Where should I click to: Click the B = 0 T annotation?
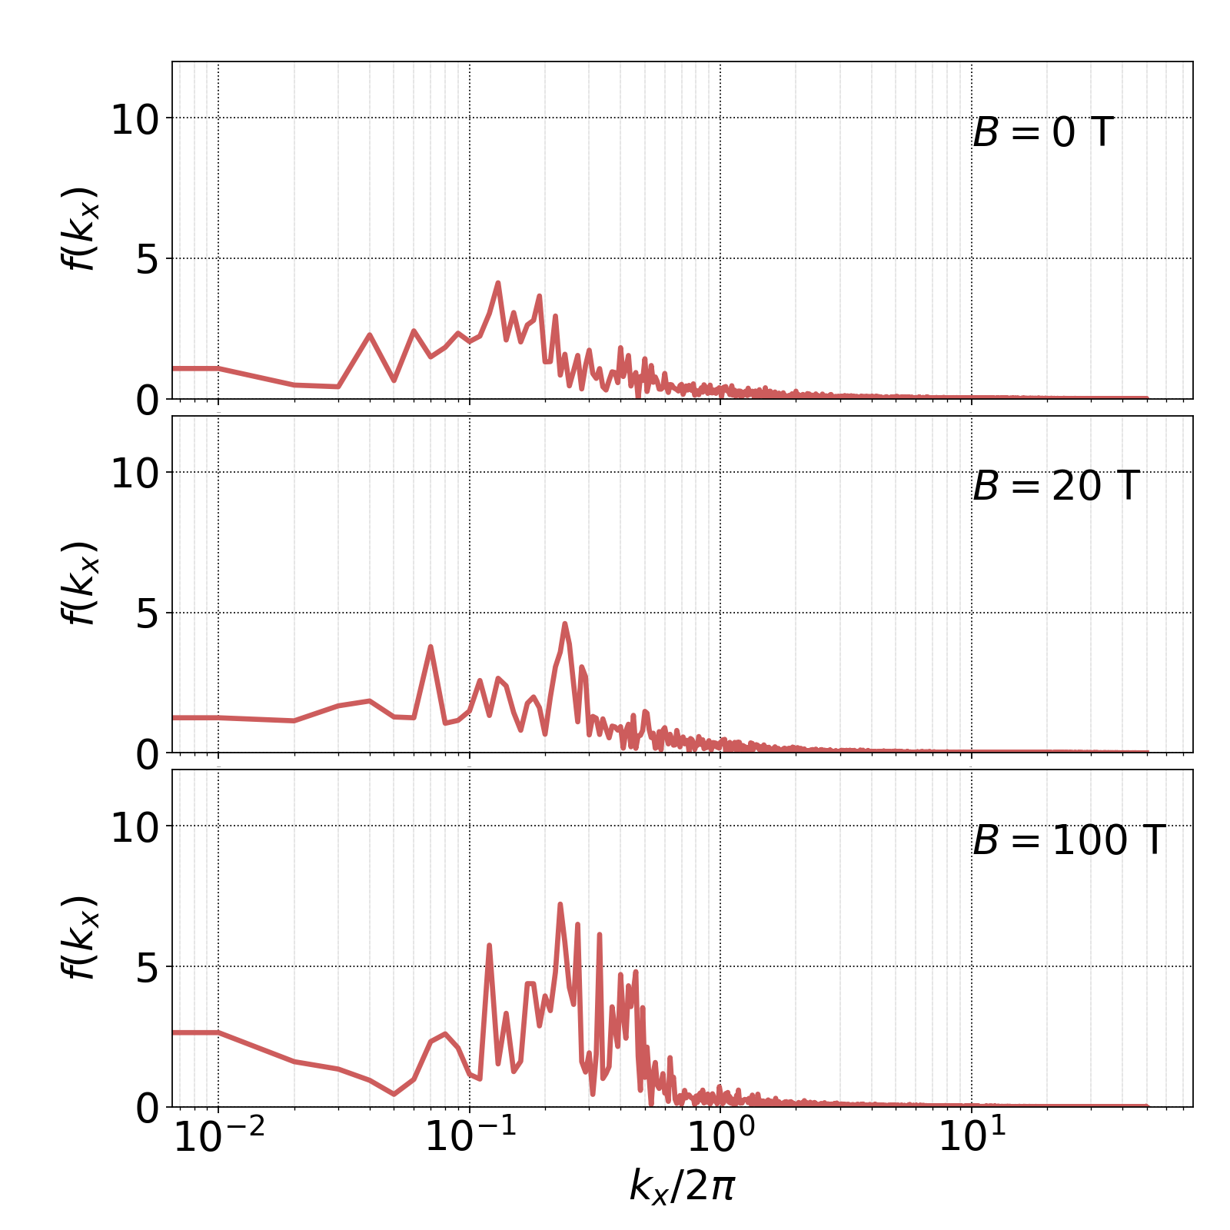pyautogui.click(x=1042, y=133)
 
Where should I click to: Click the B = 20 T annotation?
pyautogui.click(x=1055, y=487)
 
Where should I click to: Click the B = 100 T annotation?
pyautogui.click(x=1069, y=840)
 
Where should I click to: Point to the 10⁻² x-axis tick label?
pyautogui.click(x=219, y=1137)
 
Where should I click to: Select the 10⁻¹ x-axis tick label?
pyautogui.click(x=470, y=1137)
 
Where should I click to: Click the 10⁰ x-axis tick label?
pyautogui.click(x=720, y=1137)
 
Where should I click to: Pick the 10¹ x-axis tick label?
pyautogui.click(x=972, y=1137)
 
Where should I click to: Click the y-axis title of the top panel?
pyautogui.click(x=79, y=228)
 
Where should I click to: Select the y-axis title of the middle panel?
pyautogui.click(x=79, y=583)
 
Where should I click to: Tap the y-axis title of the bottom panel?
pyautogui.click(x=79, y=937)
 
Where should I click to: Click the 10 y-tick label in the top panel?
pyautogui.click(x=135, y=120)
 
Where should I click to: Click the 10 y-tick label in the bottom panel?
pyautogui.click(x=135, y=828)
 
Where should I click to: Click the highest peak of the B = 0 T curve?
pyautogui.click(x=498, y=283)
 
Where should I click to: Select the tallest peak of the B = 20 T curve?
pyautogui.click(x=564, y=623)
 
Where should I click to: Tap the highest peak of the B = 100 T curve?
pyautogui.click(x=560, y=904)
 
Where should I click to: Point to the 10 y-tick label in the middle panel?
pyautogui.click(x=135, y=474)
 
